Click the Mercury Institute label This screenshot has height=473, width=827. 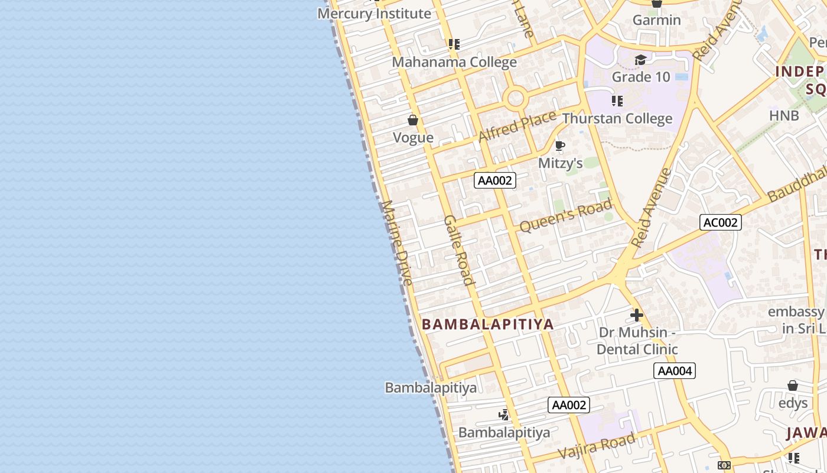375,14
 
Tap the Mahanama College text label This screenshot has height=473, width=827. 454,62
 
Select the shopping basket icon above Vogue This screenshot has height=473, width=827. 413,120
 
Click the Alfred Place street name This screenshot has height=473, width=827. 517,126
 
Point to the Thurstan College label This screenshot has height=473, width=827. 617,119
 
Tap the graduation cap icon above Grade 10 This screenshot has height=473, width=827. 640,60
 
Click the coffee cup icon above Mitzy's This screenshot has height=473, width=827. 560,145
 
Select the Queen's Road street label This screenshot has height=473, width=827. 565,216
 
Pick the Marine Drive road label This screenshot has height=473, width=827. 397,243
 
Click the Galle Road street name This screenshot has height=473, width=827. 459,250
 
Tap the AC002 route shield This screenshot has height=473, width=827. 721,222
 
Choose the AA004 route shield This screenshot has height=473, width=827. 675,371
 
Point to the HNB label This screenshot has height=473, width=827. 784,115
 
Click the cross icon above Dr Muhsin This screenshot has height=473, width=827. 637,315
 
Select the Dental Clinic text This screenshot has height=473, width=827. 637,349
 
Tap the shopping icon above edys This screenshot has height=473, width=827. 793,386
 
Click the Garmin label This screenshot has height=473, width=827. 656,20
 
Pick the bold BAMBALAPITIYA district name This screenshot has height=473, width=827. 488,324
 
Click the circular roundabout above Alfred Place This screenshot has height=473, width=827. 516,98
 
